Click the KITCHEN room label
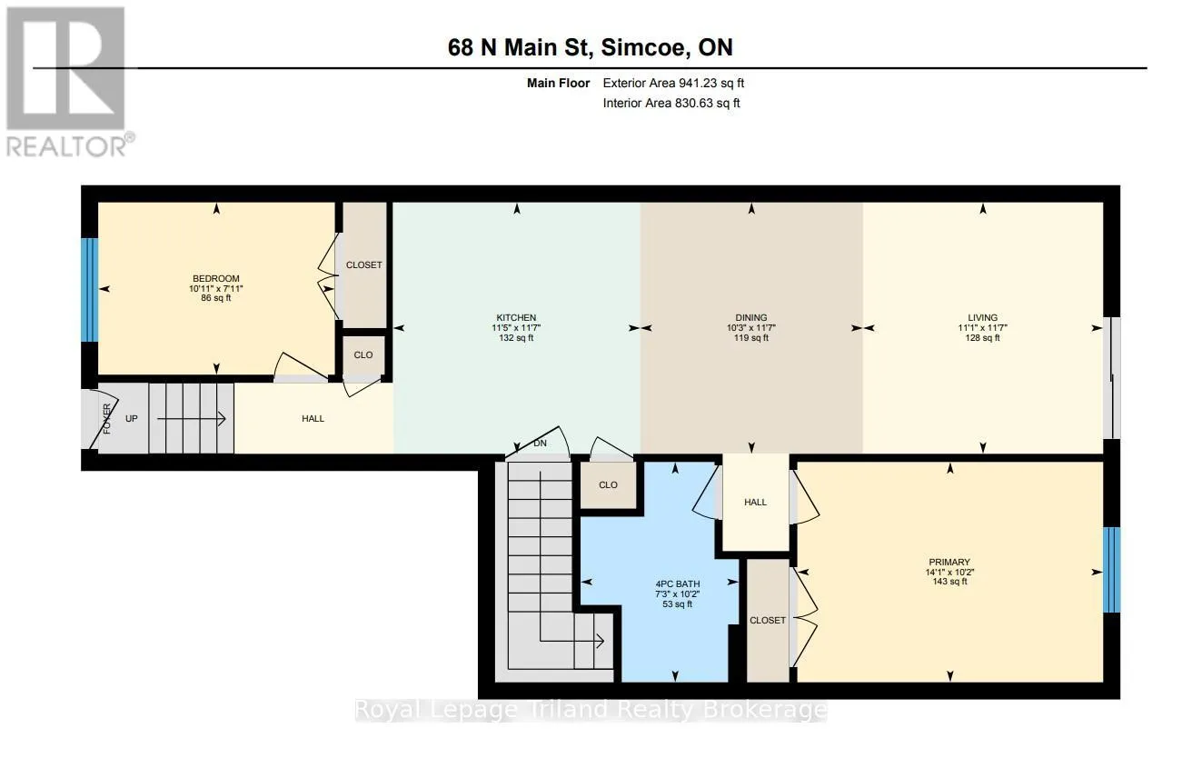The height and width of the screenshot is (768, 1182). tap(516, 317)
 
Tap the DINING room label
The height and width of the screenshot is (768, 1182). tap(750, 317)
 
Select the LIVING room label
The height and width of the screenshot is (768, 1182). tap(982, 317)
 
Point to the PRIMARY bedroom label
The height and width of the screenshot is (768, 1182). tap(949, 563)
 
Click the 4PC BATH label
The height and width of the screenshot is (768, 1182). tap(678, 583)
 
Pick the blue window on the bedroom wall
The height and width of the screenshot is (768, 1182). tap(90, 290)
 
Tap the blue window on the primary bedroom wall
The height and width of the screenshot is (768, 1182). tap(1111, 570)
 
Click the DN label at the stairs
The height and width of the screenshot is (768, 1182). tap(540, 444)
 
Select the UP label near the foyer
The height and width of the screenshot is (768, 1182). tap(132, 419)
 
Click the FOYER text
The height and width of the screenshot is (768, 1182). tap(107, 419)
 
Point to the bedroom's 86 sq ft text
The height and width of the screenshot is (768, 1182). tap(216, 298)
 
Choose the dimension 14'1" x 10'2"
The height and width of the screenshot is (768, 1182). tap(949, 573)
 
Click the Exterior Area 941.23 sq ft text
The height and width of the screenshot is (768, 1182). tap(673, 83)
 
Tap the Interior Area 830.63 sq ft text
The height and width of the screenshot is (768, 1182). tap(671, 103)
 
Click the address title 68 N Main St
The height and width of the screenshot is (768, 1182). tap(517, 47)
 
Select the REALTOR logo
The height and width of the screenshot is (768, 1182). tap(69, 82)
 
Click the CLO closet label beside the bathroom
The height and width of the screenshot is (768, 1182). tap(608, 484)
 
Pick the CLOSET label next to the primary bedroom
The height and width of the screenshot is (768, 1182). tap(767, 620)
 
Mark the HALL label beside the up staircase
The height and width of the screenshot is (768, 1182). tap(313, 419)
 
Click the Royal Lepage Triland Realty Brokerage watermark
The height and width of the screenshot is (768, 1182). tap(591, 711)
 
